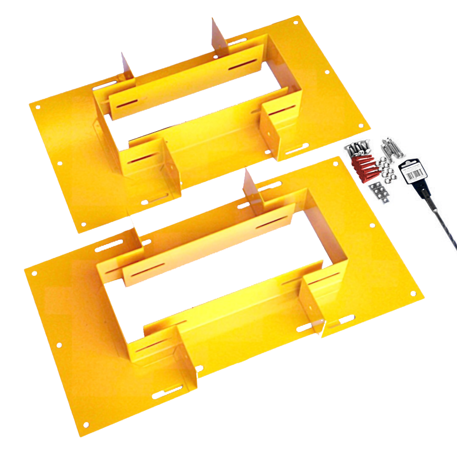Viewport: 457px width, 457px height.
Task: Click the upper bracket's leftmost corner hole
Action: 38,107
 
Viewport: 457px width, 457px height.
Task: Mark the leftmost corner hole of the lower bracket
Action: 33,273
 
